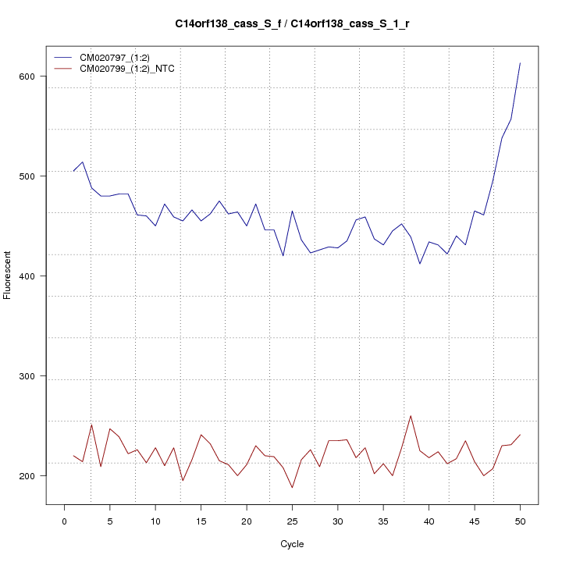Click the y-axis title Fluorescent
tap(8, 276)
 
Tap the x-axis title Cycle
tap(292, 544)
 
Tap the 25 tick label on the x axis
tap(292, 521)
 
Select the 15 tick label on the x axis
tap(201, 521)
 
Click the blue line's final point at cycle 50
tap(520, 63)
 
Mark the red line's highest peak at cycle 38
tap(411, 415)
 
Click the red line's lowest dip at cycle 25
tap(292, 488)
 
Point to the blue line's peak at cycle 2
tap(82, 162)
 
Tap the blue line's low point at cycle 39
tap(420, 264)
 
